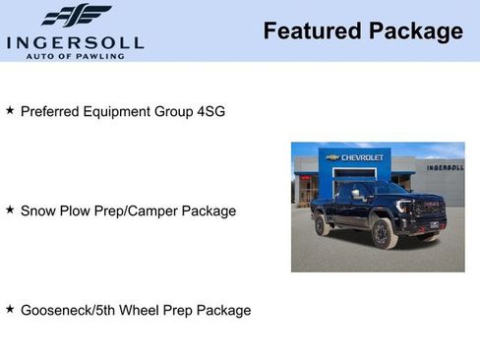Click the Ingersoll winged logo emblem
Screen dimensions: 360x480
pyautogui.click(x=76, y=16)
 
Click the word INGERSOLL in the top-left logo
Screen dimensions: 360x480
pyautogui.click(x=75, y=42)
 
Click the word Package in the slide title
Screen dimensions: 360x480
pyautogui.click(x=415, y=31)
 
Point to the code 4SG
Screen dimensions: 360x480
pyautogui.click(x=210, y=111)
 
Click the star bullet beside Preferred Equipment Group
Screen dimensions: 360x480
pyautogui.click(x=10, y=110)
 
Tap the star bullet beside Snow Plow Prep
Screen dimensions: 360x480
pyautogui.click(x=10, y=210)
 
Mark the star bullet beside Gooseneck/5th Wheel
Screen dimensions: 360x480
pyautogui.click(x=10, y=309)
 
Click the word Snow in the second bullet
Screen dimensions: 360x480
pyautogui.click(x=37, y=210)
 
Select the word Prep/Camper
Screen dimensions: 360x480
pyautogui.click(x=133, y=210)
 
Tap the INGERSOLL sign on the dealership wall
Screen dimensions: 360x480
pyautogui.click(x=445, y=167)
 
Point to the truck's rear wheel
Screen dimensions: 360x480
pyautogui.click(x=322, y=225)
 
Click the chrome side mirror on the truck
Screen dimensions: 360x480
pyautogui.click(x=357, y=194)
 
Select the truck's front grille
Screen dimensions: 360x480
pyautogui.click(x=428, y=209)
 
